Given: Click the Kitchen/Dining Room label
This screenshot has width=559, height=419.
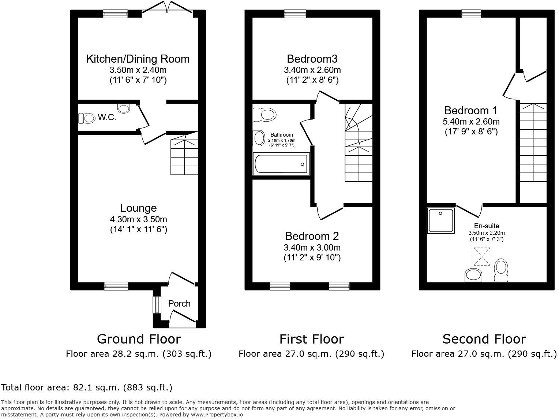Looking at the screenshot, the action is click(x=138, y=59).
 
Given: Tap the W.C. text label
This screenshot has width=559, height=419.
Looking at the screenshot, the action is click(x=107, y=117).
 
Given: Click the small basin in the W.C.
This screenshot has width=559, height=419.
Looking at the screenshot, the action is click(x=124, y=108).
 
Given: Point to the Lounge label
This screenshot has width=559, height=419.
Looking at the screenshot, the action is click(x=138, y=208).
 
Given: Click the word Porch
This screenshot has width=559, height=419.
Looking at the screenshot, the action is click(x=179, y=304).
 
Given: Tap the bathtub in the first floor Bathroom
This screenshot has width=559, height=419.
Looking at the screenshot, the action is click(x=281, y=164).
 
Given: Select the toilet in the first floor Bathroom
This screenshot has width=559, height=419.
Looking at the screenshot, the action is click(x=265, y=115).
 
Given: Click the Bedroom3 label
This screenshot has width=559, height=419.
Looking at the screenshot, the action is click(x=312, y=59).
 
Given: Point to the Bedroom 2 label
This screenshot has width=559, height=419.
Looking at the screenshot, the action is click(x=312, y=236).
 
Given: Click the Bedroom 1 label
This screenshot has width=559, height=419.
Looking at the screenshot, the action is click(x=471, y=110).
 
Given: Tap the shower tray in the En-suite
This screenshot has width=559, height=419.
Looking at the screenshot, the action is click(x=441, y=220).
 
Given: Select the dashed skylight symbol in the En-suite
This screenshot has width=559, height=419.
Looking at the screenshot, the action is click(x=482, y=256).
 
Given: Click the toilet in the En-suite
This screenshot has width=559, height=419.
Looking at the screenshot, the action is click(x=501, y=270).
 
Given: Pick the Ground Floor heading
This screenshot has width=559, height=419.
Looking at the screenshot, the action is click(x=139, y=339).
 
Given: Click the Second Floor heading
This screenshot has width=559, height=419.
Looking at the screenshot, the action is click(x=484, y=339).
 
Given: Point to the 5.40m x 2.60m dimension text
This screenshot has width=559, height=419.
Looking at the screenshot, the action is click(x=471, y=122).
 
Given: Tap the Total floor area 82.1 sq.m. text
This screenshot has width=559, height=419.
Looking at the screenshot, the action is click(x=87, y=388).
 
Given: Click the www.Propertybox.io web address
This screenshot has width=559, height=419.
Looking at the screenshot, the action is click(x=217, y=415).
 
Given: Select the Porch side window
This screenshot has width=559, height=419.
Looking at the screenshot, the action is click(x=157, y=305).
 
